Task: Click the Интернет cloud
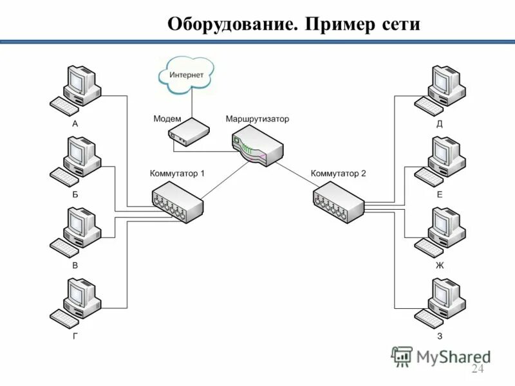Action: tap(186, 75)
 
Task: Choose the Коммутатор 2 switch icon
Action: tap(339, 201)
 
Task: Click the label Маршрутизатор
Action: tap(257, 119)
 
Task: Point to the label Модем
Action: tap(167, 119)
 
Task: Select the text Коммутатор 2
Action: tap(338, 173)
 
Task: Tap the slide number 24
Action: tap(477, 369)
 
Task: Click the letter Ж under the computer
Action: tap(440, 265)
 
